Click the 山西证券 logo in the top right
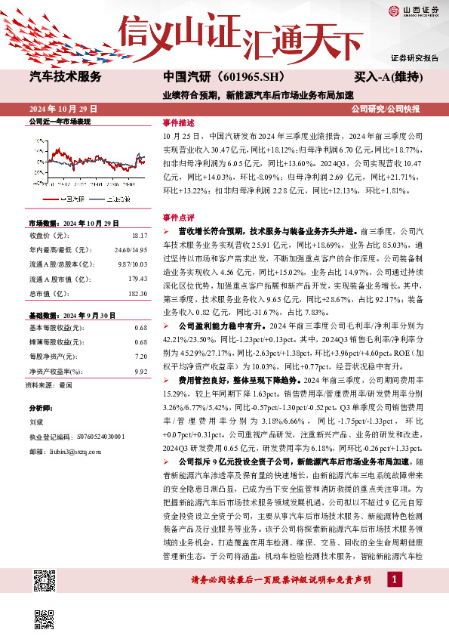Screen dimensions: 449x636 tap(413, 11)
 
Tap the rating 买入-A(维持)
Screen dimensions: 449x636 tap(388, 77)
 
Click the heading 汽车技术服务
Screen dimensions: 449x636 tap(65, 76)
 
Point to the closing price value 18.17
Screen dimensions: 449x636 tap(139, 236)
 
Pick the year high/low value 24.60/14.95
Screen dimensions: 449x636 tap(131, 249)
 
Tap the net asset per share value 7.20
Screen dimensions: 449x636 tap(140, 356)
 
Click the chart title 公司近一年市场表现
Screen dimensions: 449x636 tap(59, 121)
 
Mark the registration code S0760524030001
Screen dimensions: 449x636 tap(97, 437)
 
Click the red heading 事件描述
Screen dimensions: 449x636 tap(178, 122)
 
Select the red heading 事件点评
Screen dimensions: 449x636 tap(178, 216)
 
